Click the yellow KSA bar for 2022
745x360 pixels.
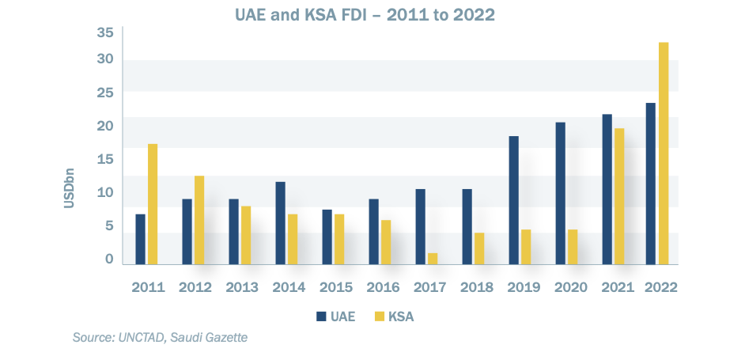pos(664,153)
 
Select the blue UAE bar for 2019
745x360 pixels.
pos(513,200)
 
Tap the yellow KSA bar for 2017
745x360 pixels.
pos(433,259)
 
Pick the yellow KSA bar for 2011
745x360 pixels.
pos(153,204)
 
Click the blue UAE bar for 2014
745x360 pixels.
pos(280,223)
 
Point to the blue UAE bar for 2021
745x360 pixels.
pos(607,189)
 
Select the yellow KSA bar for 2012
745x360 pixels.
pos(199,220)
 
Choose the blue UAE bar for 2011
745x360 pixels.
pos(140,239)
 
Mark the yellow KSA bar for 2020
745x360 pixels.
pos(573,247)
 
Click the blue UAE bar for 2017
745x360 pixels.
pos(420,226)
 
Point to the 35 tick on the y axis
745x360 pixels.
pos(105,32)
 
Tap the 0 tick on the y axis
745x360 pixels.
pos(109,259)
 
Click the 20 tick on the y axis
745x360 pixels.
pos(105,126)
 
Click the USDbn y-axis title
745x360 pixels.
pos(69,187)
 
